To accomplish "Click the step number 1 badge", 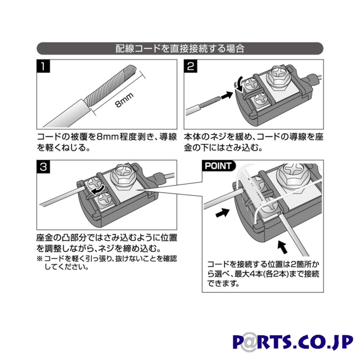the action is pos(43,66).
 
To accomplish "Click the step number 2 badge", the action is pos(190,66).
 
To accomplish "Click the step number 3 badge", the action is pos(43,166).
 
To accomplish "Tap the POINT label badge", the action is pos(218,166).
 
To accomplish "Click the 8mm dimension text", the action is pos(124,100).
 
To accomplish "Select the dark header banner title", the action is pos(180,48).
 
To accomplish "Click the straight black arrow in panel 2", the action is pos(227,95).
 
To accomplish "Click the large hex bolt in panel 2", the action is pos(278,76).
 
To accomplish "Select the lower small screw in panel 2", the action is pos(260,100).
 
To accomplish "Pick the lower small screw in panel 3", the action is pos(105,199).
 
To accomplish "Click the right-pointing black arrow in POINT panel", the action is pos(223,212).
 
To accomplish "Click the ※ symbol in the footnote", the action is pos(39,259).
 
